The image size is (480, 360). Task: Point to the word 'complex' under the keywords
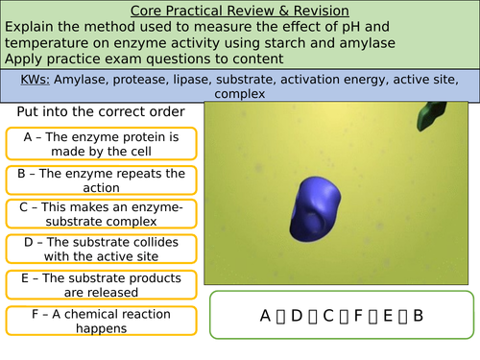click(240, 94)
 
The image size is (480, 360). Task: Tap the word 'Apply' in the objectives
click(24, 59)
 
